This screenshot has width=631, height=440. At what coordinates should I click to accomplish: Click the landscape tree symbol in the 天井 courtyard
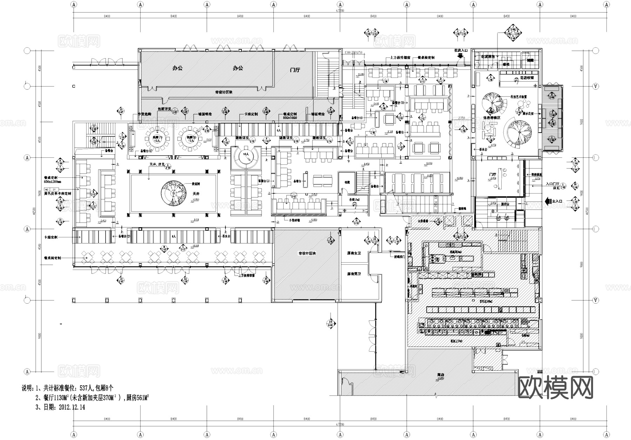click(174, 193)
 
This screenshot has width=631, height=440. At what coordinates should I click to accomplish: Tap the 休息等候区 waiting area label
click(492, 118)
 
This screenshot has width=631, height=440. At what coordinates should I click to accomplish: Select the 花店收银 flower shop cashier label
click(527, 78)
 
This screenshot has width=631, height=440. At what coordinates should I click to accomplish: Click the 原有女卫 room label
click(354, 253)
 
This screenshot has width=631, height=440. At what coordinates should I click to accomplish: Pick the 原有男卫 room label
click(354, 274)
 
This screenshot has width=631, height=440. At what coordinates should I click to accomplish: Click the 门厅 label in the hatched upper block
click(295, 70)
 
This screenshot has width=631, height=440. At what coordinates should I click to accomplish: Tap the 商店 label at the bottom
click(440, 375)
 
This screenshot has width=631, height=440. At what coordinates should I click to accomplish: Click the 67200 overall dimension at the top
click(340, 11)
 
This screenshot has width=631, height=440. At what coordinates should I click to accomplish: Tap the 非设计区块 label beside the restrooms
click(307, 253)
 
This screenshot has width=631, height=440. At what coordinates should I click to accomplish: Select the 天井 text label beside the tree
click(196, 194)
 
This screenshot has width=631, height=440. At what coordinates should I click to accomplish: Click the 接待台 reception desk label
click(505, 204)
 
